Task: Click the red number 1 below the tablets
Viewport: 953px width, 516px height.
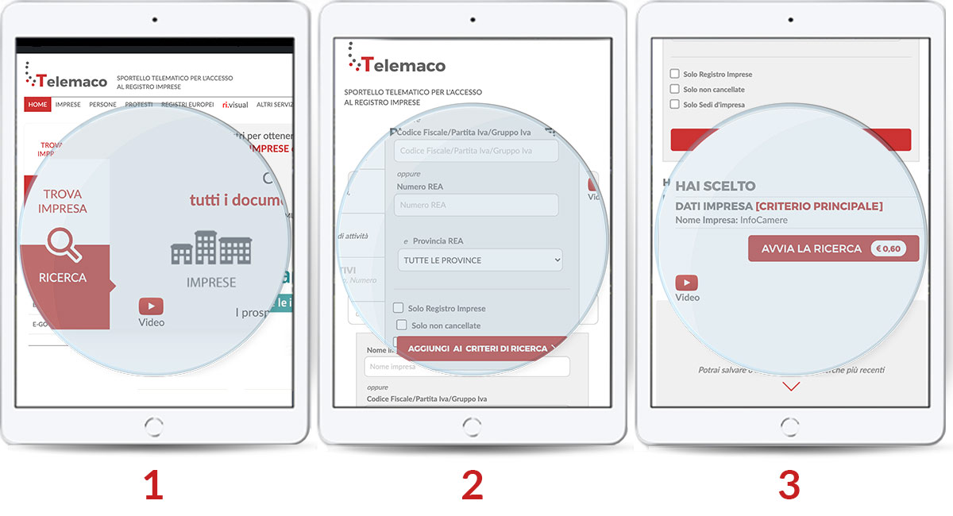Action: [153, 485]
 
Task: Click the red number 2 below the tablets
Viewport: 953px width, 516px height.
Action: [472, 485]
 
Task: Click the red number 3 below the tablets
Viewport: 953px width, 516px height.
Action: [789, 485]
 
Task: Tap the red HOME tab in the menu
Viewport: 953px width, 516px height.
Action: [38, 104]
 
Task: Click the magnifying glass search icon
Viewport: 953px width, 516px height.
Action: [64, 245]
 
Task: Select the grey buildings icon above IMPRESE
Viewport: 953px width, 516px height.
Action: [211, 248]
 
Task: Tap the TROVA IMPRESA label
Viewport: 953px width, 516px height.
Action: [63, 201]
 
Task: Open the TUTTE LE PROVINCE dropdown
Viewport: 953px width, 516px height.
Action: [480, 260]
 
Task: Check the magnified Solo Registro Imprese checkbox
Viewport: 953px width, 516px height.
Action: [399, 308]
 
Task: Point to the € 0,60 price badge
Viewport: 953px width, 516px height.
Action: [888, 248]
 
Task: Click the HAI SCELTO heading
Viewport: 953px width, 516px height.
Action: [715, 187]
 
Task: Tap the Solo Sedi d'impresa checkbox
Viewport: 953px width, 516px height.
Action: [675, 104]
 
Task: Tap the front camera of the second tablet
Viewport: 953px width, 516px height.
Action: [472, 17]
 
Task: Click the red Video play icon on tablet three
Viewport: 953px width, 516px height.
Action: [687, 283]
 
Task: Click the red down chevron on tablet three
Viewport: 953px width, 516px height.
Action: [791, 387]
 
